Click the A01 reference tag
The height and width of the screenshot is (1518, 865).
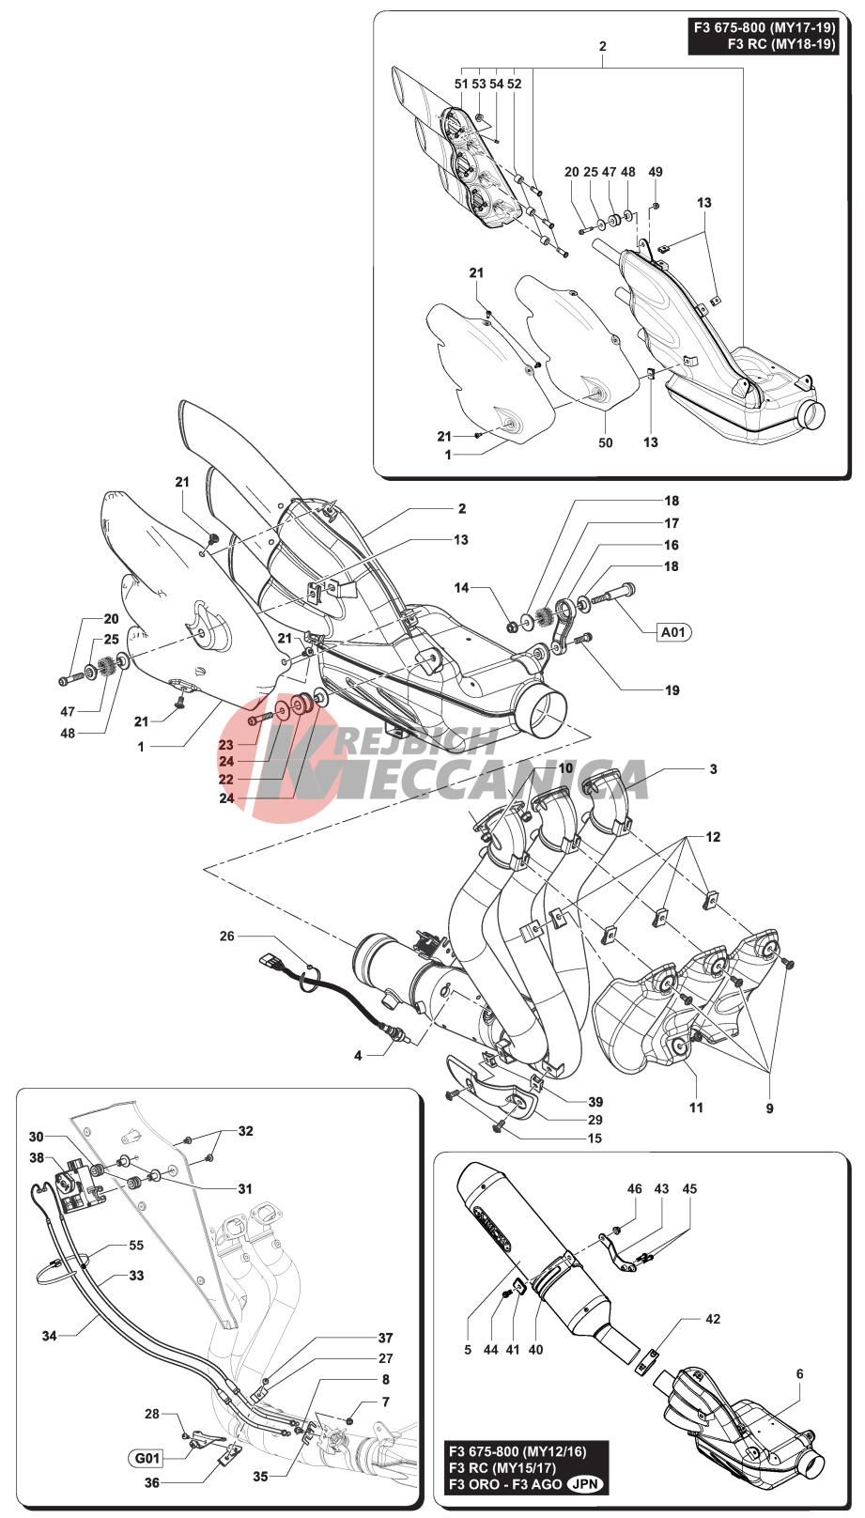[x=672, y=632]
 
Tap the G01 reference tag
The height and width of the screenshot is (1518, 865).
[x=147, y=1459]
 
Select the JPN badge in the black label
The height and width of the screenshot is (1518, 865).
[x=587, y=1485]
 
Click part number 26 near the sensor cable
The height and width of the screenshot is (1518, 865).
[x=227, y=937]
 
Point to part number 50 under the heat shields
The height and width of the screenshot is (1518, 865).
[x=606, y=442]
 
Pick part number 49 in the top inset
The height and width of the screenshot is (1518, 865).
[x=656, y=172]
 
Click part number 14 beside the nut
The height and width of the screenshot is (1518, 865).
[x=461, y=588]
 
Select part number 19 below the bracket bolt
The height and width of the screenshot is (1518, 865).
[x=672, y=690]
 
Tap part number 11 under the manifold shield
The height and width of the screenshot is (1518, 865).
[x=696, y=1108]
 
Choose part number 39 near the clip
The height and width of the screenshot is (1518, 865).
[x=595, y=1102]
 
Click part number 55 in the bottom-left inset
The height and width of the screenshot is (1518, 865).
[x=136, y=1246]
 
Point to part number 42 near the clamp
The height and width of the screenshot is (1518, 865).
[x=713, y=1320]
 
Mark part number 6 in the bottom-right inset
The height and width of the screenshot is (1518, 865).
[x=799, y=1374]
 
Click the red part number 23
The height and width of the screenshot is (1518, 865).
[x=226, y=745]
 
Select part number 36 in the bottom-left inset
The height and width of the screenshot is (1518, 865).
[x=151, y=1482]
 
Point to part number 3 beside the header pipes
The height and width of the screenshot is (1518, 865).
[x=713, y=769]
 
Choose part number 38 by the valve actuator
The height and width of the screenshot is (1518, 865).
[x=37, y=1158]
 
